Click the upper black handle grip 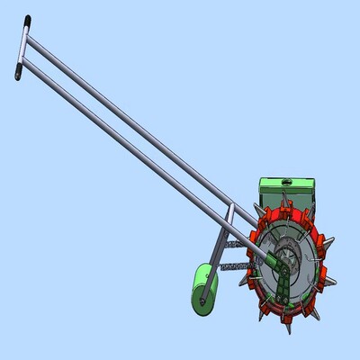[x=28, y=20]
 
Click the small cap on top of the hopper [x=285, y=179]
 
